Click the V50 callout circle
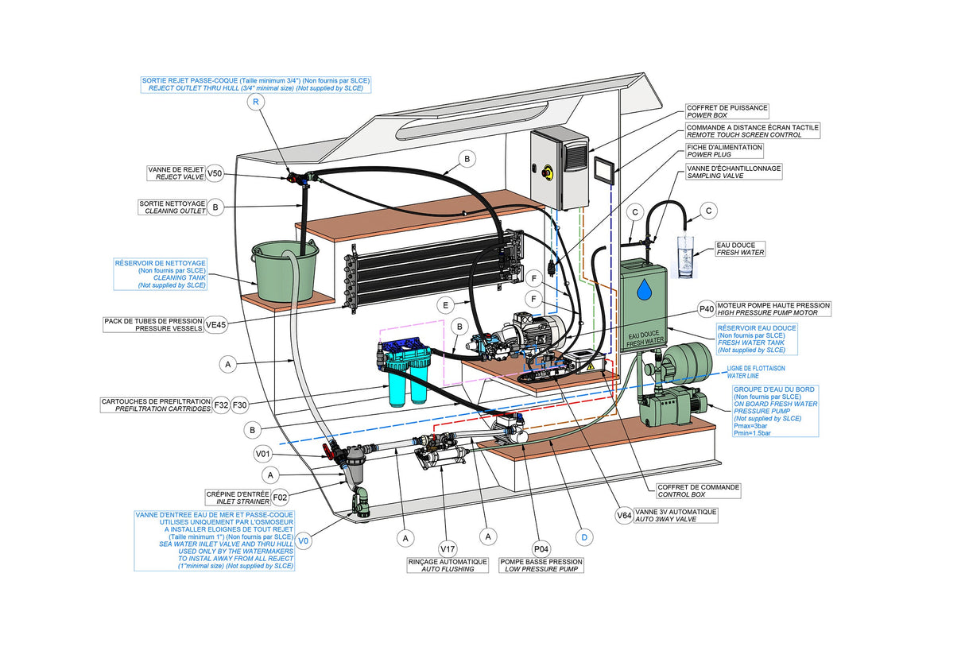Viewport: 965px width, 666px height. (x=215, y=173)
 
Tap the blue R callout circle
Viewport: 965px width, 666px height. (x=255, y=103)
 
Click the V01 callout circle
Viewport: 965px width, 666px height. (x=263, y=455)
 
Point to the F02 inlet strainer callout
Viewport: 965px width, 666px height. (x=280, y=498)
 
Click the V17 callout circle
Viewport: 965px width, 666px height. (x=448, y=548)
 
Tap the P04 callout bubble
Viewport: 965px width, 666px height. (x=541, y=548)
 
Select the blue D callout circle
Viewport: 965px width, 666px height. (x=584, y=538)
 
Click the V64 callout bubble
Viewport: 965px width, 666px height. (x=626, y=516)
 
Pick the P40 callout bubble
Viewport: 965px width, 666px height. (x=706, y=309)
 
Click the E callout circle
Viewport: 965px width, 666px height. (x=446, y=304)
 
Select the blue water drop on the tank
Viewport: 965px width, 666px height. (x=644, y=290)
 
